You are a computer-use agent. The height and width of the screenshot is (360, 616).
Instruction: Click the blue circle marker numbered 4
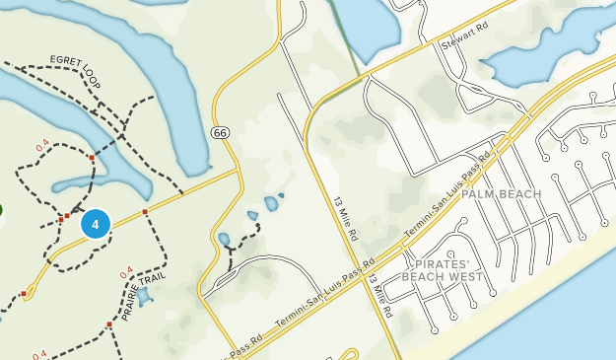tap(95, 224)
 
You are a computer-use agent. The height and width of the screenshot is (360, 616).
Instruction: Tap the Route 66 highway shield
tap(219, 132)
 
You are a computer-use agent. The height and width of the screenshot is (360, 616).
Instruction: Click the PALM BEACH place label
tap(502, 194)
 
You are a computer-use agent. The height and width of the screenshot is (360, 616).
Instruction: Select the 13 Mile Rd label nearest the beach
tap(380, 296)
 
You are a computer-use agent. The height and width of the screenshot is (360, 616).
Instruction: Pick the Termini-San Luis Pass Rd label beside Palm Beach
tap(446, 194)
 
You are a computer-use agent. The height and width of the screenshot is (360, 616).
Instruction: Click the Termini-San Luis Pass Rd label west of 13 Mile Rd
tap(324, 297)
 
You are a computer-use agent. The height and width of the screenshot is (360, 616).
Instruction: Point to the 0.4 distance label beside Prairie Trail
tap(125, 272)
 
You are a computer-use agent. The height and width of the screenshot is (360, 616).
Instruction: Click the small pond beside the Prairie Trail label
tap(145, 296)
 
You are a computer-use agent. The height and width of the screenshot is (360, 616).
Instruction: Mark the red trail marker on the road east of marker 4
tap(145, 212)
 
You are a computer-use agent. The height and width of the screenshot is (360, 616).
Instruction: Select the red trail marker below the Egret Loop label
tap(92, 157)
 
